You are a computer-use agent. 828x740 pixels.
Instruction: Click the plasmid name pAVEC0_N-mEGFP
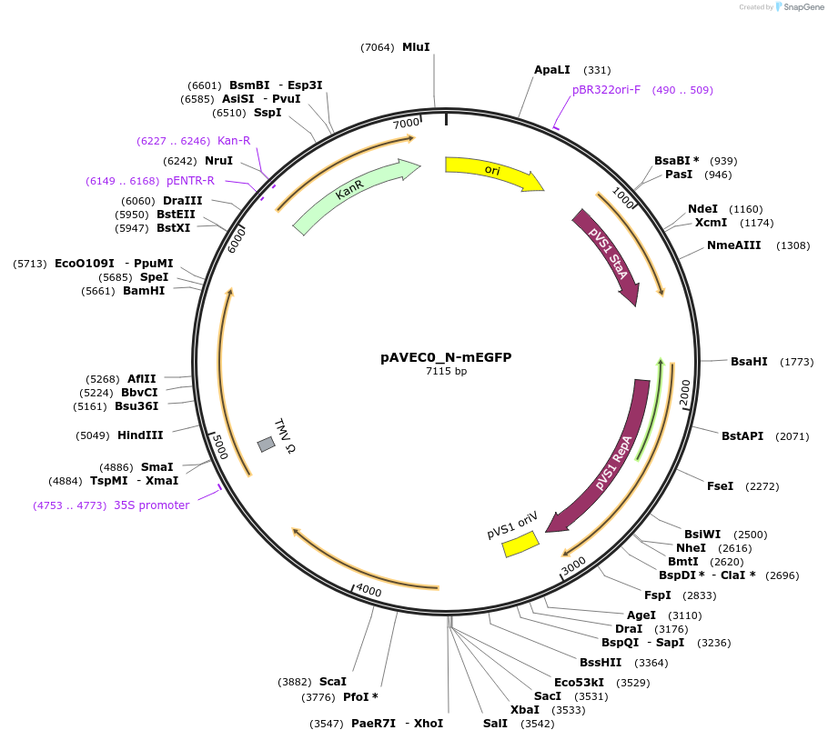tap(446, 357)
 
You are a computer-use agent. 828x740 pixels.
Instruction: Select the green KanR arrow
tap(355, 195)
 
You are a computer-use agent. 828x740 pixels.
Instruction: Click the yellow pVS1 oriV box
tap(520, 545)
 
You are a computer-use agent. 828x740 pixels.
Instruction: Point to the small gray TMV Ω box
tap(266, 444)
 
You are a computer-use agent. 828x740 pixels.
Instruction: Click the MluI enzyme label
tap(416, 47)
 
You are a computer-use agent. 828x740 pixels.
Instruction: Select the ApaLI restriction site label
tap(552, 70)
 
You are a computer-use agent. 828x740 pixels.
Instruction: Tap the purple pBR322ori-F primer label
tap(607, 90)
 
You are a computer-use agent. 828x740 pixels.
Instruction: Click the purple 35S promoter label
tap(152, 505)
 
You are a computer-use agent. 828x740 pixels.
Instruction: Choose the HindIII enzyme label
tap(140, 435)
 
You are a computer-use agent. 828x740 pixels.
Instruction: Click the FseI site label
tap(720, 486)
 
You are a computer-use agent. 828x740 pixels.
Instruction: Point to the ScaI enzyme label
tap(333, 682)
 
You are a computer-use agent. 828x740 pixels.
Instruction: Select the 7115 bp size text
tap(446, 371)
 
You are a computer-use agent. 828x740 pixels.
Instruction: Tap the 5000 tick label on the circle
tap(218, 447)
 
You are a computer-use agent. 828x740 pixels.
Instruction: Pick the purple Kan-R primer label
tap(234, 141)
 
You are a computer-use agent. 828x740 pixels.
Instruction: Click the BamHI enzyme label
tap(144, 291)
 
